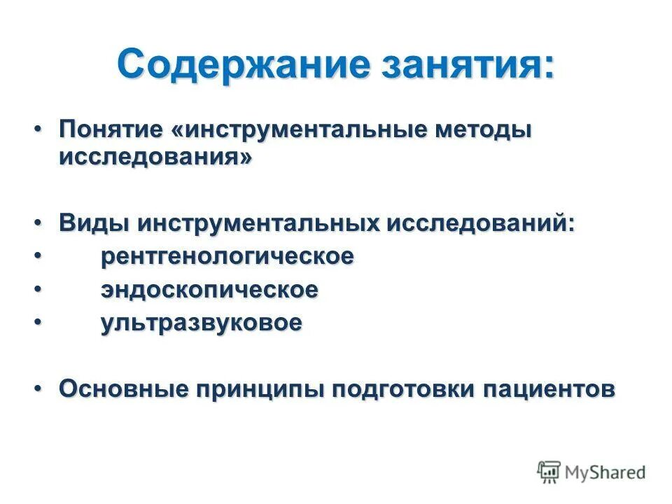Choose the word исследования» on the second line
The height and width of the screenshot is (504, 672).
tap(154, 157)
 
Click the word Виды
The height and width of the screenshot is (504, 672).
tap(92, 224)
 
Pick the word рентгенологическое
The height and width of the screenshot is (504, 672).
tap(227, 256)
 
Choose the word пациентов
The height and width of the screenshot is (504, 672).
tap(548, 388)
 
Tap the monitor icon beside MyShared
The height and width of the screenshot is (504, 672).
tap(549, 472)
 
